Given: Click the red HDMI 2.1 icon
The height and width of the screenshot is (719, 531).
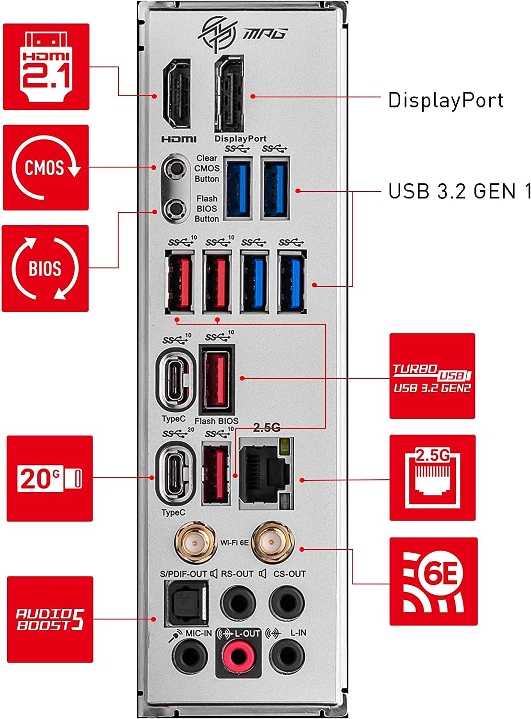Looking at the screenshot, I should click(x=46, y=67).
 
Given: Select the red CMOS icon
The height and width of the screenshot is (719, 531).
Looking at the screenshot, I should click(x=46, y=167).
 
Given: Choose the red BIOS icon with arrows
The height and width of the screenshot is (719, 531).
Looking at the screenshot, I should click(x=46, y=268).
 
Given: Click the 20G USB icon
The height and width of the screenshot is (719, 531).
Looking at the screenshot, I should click(x=49, y=478).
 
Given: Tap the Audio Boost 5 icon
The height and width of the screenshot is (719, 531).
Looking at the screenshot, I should click(x=50, y=619).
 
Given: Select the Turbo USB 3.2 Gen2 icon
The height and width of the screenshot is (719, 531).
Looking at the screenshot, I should click(x=432, y=376).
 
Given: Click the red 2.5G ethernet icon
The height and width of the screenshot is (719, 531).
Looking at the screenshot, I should click(x=432, y=478).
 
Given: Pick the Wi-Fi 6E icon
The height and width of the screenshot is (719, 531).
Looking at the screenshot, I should click(x=433, y=581).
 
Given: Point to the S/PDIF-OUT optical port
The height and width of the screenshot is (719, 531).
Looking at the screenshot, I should click(x=186, y=603).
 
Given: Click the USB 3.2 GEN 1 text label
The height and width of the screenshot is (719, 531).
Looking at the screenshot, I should click(x=459, y=191).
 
